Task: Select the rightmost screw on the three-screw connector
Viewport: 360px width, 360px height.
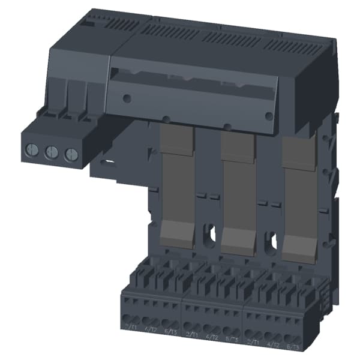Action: (x=70, y=154)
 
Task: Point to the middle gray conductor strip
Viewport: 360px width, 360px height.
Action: (x=238, y=186)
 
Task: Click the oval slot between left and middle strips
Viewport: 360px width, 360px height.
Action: (x=209, y=234)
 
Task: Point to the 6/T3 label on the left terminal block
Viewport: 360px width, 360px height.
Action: (x=171, y=331)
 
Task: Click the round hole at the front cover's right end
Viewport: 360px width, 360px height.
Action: (x=269, y=116)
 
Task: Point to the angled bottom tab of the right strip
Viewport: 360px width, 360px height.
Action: (x=298, y=247)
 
